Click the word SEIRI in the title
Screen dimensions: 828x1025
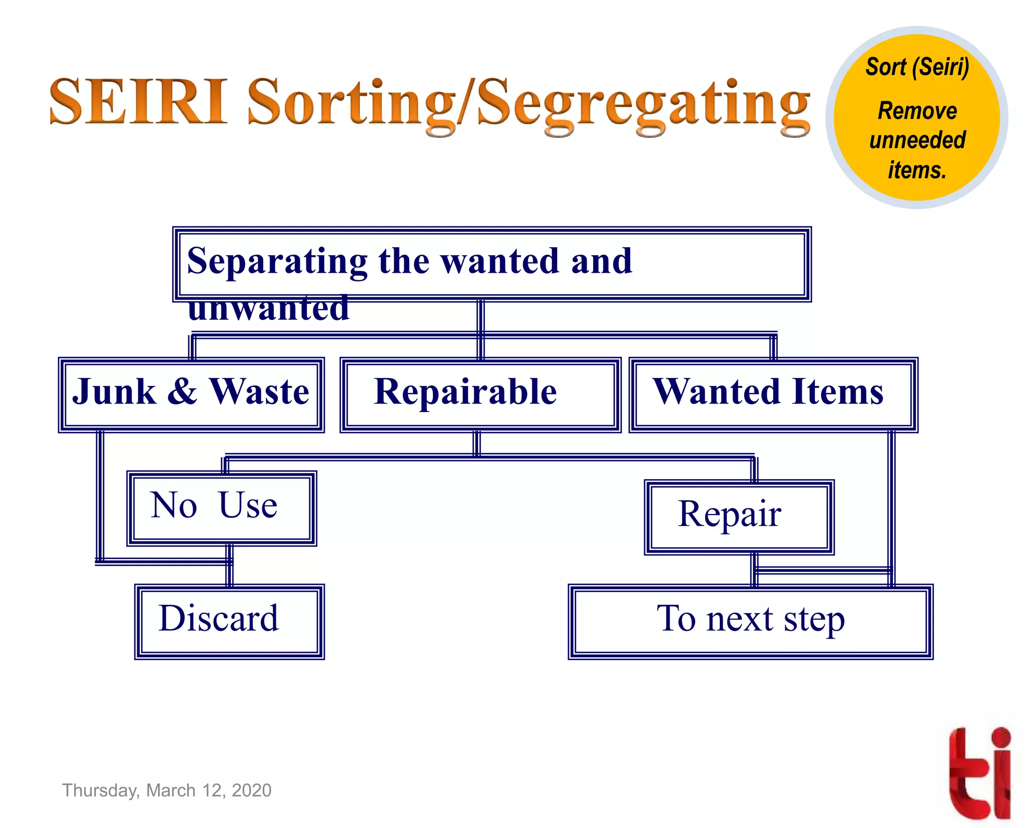click(138, 102)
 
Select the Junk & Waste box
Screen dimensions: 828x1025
click(191, 395)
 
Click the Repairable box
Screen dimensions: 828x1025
click(480, 395)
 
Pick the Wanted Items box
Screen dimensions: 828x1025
click(773, 395)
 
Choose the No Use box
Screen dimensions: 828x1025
click(221, 508)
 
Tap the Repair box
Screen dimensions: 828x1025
click(739, 517)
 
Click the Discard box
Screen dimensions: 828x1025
click(229, 621)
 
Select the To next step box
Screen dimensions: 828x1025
click(750, 621)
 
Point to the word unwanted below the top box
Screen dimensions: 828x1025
click(268, 308)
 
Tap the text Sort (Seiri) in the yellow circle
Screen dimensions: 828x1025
click(917, 67)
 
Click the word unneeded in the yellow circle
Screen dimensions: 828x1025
click(917, 140)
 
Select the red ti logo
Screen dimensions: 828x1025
click(979, 772)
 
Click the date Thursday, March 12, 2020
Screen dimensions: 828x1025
click(167, 790)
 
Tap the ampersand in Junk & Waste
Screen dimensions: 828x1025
click(182, 391)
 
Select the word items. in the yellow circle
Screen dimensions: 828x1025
click(917, 170)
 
